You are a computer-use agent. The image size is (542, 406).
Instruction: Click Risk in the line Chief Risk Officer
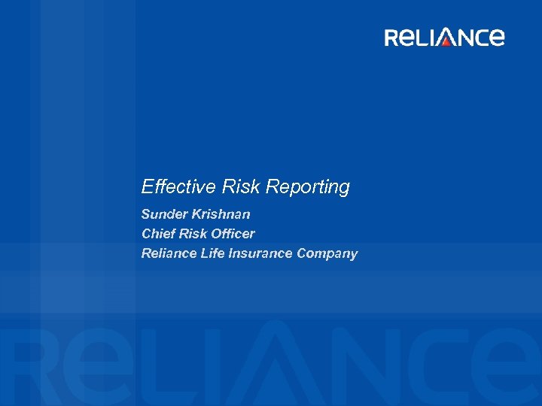coord(192,234)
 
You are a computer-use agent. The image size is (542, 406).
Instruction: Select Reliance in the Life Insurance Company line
coord(169,253)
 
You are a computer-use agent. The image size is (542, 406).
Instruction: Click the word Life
coord(212,253)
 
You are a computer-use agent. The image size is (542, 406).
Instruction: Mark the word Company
coord(327,254)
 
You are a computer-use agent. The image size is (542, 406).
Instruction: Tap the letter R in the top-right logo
coord(393,38)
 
